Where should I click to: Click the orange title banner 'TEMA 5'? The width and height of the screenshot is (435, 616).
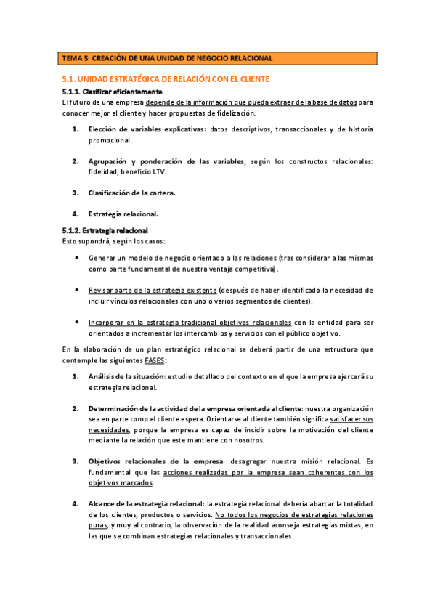pos(217,57)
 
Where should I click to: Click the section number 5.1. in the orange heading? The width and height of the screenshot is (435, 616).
pos(68,79)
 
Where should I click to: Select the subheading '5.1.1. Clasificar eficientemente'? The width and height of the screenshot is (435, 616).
pos(112,92)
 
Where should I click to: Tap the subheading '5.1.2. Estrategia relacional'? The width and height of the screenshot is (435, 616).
pos(106,230)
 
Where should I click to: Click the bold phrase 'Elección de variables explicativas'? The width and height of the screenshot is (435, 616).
pos(146,129)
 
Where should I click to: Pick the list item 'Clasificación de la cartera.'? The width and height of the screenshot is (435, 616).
pos(131,192)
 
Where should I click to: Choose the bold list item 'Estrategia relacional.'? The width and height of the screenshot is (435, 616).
pos(123,214)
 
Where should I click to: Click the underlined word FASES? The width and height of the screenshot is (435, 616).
pos(154,360)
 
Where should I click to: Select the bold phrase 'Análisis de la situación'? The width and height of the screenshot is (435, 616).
pos(126,376)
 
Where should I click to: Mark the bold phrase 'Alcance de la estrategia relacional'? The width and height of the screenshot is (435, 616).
pos(146,503)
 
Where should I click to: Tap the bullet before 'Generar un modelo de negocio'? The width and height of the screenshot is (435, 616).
pos(78,258)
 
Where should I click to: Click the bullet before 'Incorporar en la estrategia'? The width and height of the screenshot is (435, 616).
pos(78,321)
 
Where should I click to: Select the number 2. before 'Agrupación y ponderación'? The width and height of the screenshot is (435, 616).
pos(76,161)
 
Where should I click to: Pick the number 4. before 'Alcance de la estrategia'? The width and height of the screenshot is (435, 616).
pos(76,503)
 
